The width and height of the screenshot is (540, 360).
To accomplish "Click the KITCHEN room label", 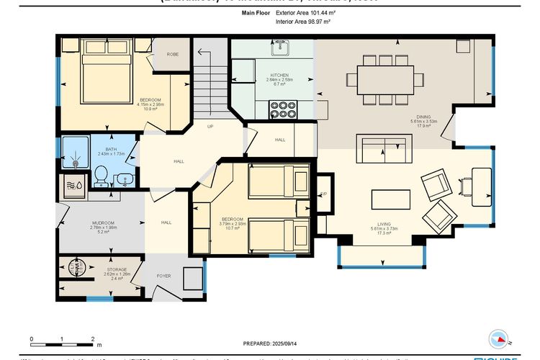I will point(279,75).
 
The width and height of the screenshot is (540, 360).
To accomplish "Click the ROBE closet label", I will point(173,55).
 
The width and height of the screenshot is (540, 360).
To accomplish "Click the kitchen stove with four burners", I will point(283,109).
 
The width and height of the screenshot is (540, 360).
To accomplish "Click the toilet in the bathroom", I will point(102,174).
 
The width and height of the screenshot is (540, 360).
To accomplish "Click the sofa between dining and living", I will point(384,150).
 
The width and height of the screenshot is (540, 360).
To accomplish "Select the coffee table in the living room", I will point(390,198).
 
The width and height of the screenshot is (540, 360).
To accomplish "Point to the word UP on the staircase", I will point(210,126).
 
